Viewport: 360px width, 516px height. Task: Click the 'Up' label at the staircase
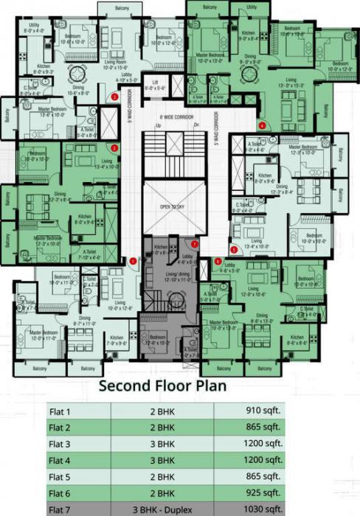157,126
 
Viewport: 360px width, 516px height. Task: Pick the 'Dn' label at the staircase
196,126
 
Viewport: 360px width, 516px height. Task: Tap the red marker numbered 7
194,244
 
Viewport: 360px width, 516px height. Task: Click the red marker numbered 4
262,126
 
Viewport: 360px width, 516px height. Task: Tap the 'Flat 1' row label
61,411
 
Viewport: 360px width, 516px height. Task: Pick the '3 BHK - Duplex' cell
162,508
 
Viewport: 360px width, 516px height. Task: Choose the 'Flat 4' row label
61,459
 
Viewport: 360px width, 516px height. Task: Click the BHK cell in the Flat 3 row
162,443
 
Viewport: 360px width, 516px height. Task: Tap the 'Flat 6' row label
61,492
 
